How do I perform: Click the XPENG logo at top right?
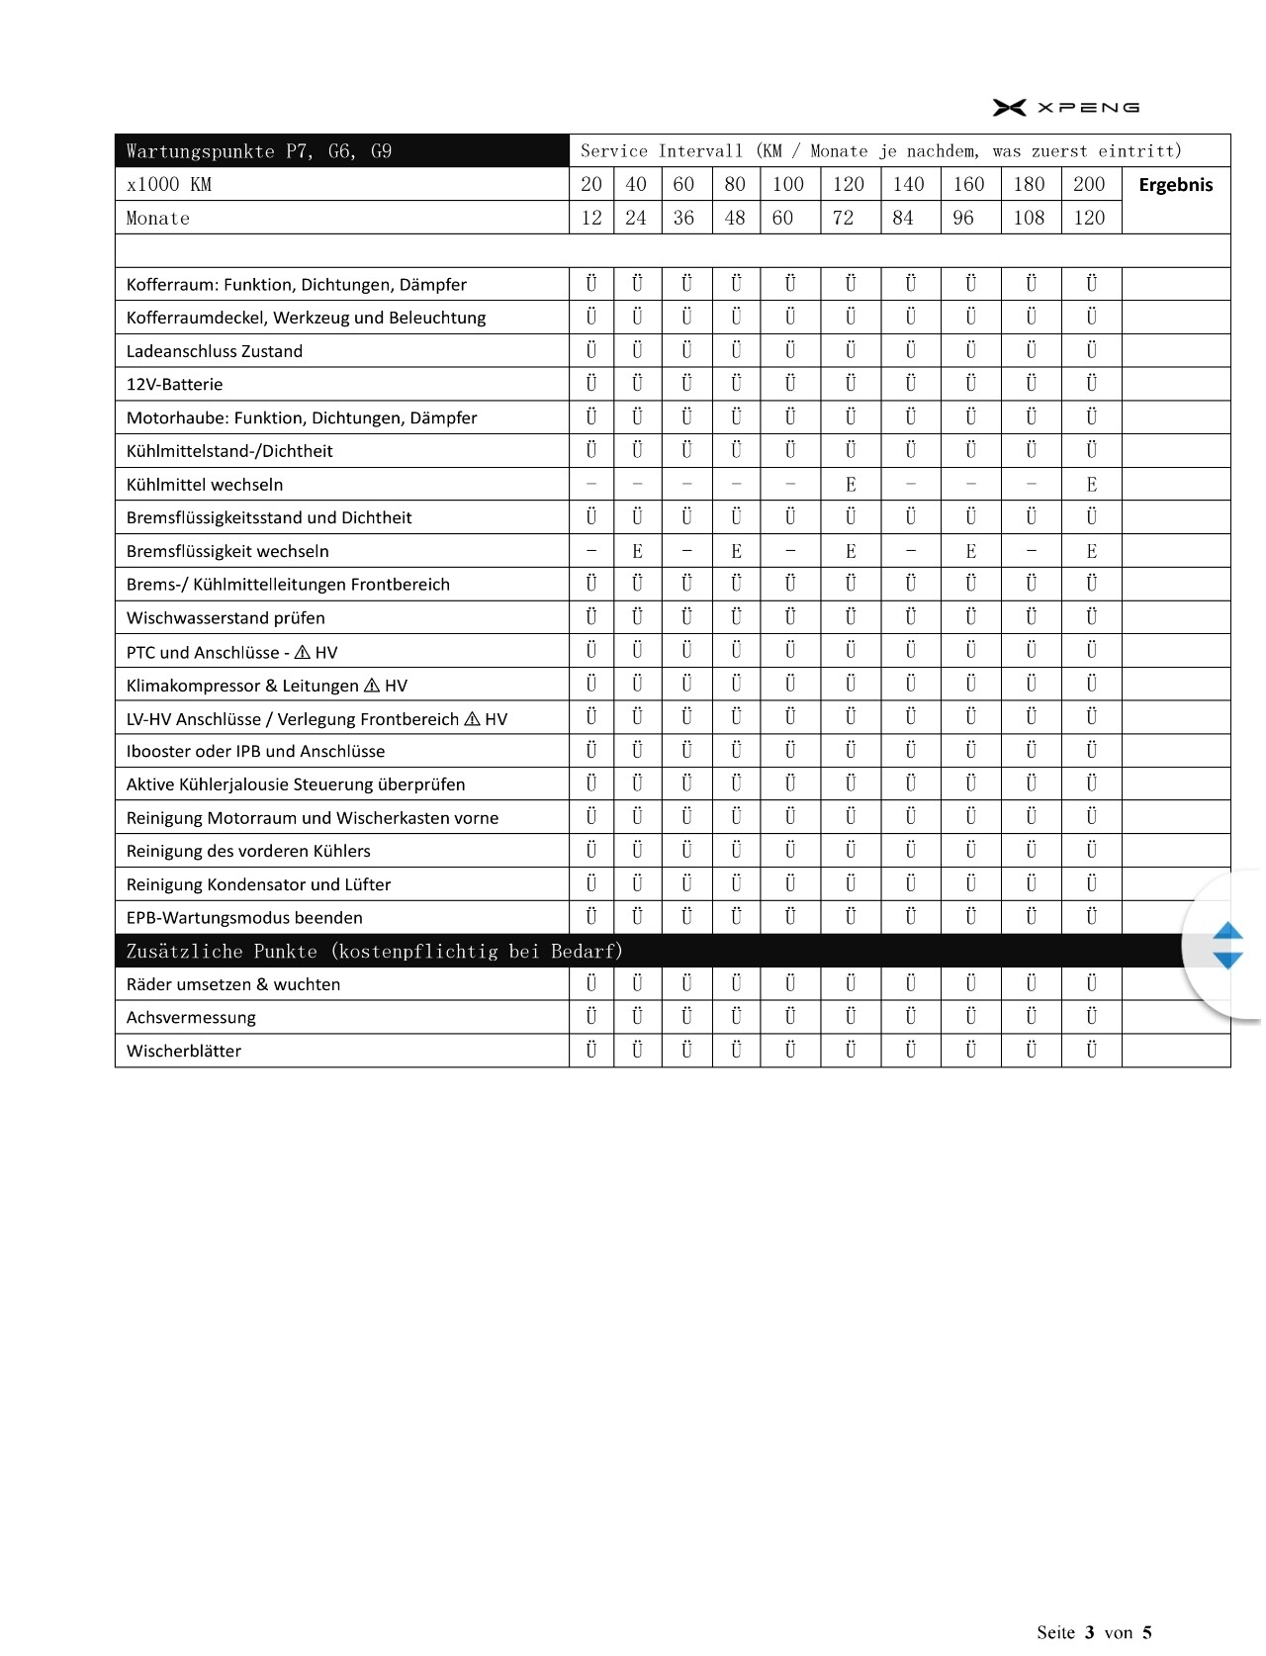pyautogui.click(x=1066, y=107)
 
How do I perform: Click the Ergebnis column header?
pyautogui.click(x=1175, y=185)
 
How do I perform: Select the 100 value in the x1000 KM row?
pyautogui.click(x=788, y=184)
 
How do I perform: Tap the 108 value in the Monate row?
pyautogui.click(x=1029, y=218)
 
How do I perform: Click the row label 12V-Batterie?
pyautogui.click(x=174, y=385)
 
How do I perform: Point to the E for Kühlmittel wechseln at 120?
pyautogui.click(x=851, y=485)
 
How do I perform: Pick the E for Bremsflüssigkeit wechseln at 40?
pyautogui.click(x=637, y=551)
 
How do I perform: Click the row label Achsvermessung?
pyautogui.click(x=191, y=1018)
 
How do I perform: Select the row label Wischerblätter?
pyautogui.click(x=184, y=1051)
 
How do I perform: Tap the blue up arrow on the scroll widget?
pyautogui.click(x=1227, y=931)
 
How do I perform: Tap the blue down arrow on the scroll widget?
pyautogui.click(x=1227, y=960)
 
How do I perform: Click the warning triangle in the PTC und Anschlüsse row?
pyautogui.click(x=303, y=652)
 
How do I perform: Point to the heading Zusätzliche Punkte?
pyautogui.click(x=374, y=952)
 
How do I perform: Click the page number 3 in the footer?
pyautogui.click(x=1089, y=1632)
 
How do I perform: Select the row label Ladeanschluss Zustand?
pyautogui.click(x=215, y=351)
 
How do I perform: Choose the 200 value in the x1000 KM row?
pyautogui.click(x=1089, y=184)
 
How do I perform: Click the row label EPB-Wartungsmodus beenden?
pyautogui.click(x=244, y=918)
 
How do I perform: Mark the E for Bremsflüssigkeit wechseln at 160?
pyautogui.click(x=970, y=551)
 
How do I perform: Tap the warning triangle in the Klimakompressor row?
pyautogui.click(x=372, y=686)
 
